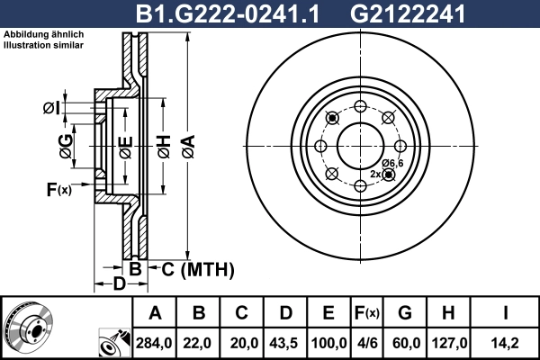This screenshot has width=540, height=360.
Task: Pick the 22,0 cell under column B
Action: [x=199, y=342]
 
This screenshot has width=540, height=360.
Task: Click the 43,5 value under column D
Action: [x=285, y=342]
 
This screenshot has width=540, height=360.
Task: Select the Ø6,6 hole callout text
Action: [x=392, y=162]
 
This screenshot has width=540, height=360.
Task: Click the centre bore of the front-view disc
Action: [x=359, y=146]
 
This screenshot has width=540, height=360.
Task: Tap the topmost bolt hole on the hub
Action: [x=359, y=106]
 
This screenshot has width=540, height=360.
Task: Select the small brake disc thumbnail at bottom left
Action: [x=29, y=328]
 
